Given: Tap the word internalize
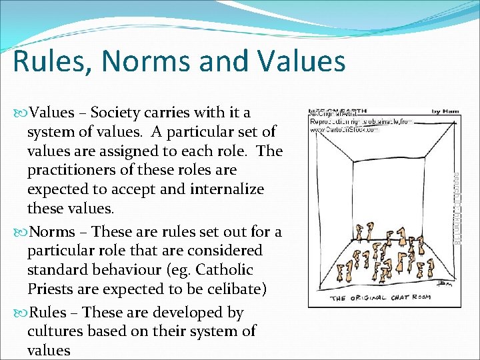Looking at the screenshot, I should tap(227, 189).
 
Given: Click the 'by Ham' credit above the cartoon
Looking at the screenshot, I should tap(445, 111).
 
